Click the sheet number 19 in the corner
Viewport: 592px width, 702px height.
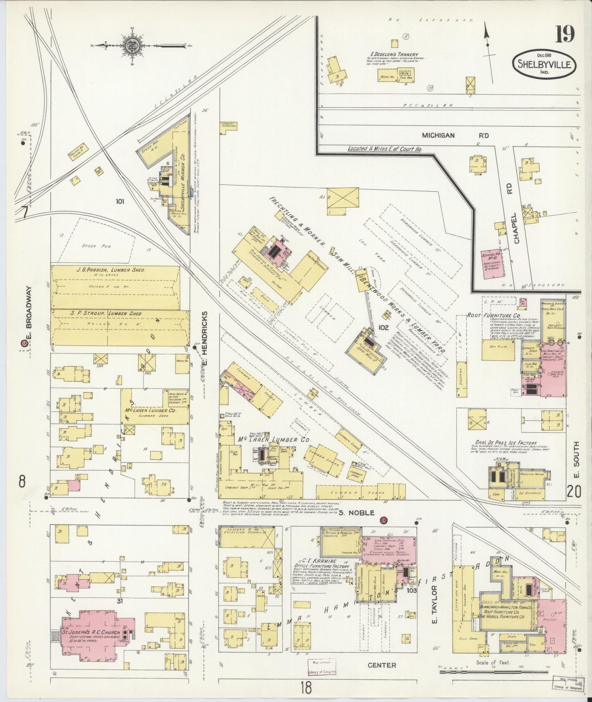pos(565,34)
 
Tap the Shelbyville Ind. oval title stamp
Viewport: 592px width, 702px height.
pos(544,65)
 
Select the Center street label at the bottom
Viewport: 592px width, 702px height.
pos(381,665)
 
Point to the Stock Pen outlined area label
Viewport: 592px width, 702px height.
pos(94,246)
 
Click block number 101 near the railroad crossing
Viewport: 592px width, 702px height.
pos(120,201)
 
